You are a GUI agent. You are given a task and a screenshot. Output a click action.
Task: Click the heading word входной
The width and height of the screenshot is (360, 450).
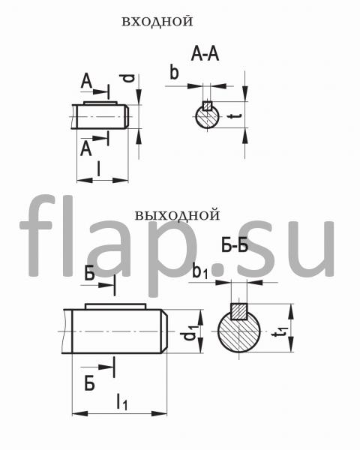[157, 22]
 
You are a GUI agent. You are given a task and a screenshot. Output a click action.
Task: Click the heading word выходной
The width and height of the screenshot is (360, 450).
[177, 215]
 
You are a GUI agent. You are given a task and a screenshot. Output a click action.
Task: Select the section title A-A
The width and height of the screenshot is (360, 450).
[205, 55]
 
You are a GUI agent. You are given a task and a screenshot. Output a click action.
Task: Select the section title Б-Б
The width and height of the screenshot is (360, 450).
[235, 246]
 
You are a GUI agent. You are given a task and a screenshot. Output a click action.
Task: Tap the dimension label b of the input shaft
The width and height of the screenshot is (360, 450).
[174, 72]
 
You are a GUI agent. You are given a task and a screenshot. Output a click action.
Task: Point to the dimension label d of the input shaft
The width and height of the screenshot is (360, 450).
[130, 78]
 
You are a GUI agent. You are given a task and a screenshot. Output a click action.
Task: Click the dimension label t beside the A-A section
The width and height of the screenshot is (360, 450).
[234, 116]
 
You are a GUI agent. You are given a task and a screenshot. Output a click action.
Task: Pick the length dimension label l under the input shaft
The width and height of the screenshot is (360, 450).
[99, 169]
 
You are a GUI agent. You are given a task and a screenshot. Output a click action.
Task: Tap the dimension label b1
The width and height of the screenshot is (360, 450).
[199, 271]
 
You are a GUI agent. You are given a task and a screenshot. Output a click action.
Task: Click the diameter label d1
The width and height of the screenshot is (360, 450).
[190, 332]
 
